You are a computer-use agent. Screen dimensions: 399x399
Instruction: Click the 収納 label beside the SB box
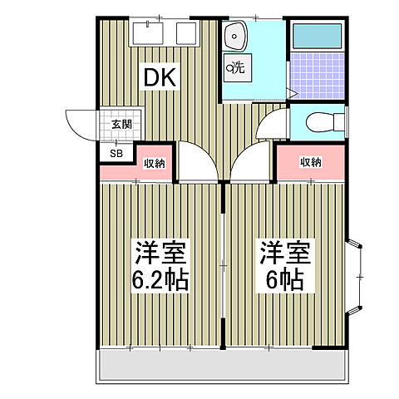pos(155,163)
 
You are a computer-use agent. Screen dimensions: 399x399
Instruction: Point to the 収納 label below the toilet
pos(310,162)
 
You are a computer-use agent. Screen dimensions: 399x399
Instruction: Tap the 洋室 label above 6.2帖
pos(160,252)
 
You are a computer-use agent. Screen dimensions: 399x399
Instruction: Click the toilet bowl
pos(320,123)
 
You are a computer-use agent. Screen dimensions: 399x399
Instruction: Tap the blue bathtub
pos(317,36)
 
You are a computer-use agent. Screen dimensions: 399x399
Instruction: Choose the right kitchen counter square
pos(186,34)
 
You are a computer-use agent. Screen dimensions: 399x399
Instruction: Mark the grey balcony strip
pos(222,364)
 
